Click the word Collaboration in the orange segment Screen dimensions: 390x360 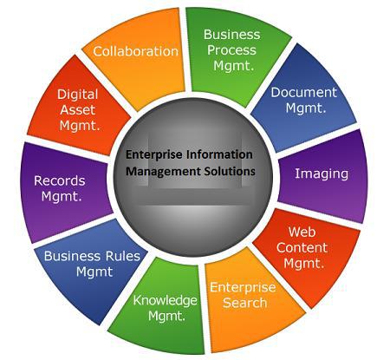135,51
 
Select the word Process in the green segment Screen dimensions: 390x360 231,50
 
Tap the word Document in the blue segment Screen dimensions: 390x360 303,93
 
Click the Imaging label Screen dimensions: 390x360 322,174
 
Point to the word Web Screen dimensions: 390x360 302,232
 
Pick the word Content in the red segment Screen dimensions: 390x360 302,247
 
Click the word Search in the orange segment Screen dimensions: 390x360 244,303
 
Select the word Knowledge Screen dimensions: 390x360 165,301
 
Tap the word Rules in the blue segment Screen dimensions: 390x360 123,256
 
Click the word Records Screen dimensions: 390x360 60,181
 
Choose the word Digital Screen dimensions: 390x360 77,95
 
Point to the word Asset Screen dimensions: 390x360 77,110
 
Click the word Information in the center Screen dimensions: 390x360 219,154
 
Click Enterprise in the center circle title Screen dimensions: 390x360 154,154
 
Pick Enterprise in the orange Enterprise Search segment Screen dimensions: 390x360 243,288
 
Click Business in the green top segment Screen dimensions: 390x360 231,35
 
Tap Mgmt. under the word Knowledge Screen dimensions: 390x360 166,316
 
